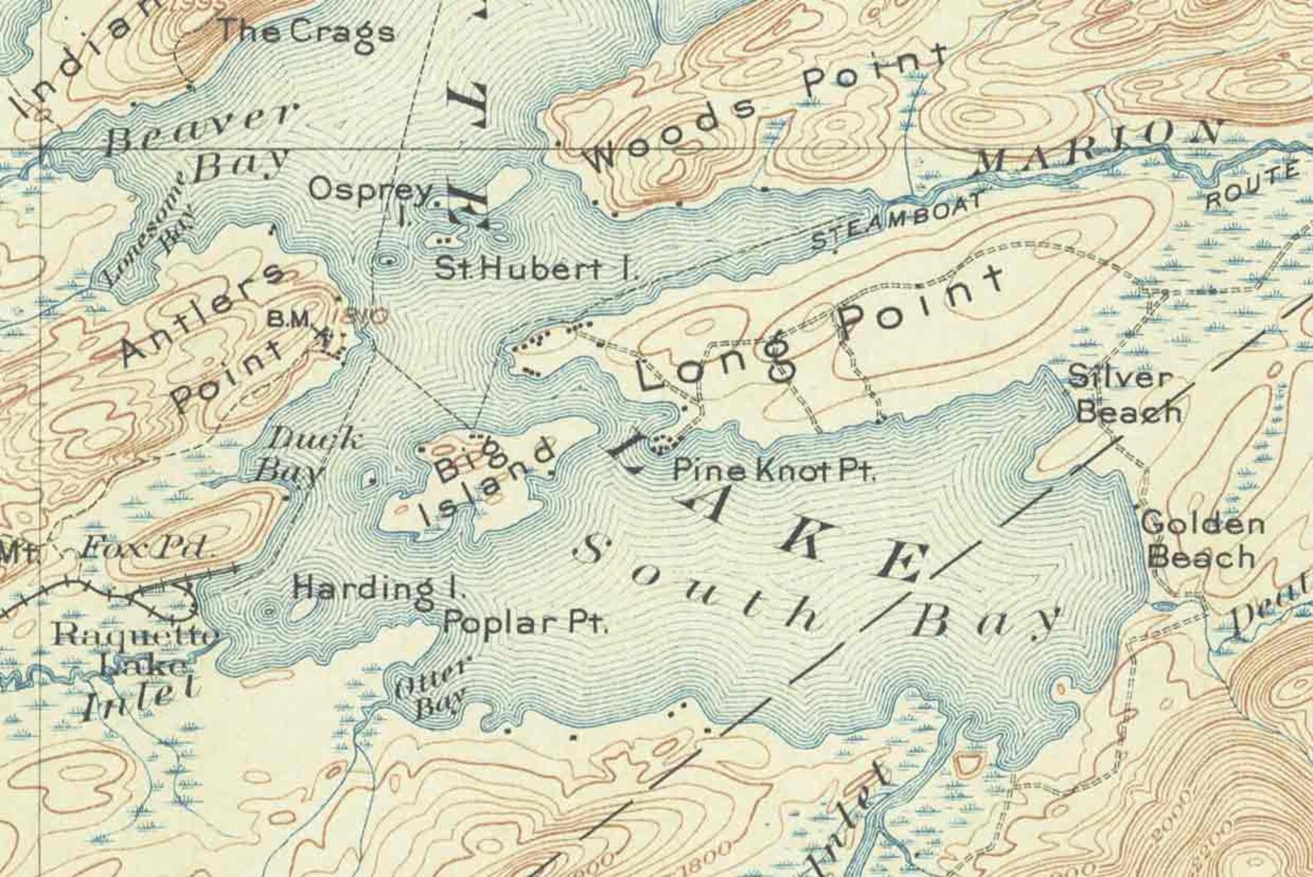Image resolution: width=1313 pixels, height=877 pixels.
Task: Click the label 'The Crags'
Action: pos(305,32)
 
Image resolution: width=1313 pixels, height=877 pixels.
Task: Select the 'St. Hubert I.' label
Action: pos(537,269)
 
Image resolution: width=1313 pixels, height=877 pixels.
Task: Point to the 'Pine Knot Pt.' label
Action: pos(774,472)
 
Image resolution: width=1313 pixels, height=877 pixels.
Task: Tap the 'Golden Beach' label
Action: pos(1203,541)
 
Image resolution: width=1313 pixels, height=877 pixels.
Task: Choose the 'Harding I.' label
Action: pos(380,589)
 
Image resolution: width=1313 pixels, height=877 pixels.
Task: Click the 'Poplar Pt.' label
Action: pos(526,622)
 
